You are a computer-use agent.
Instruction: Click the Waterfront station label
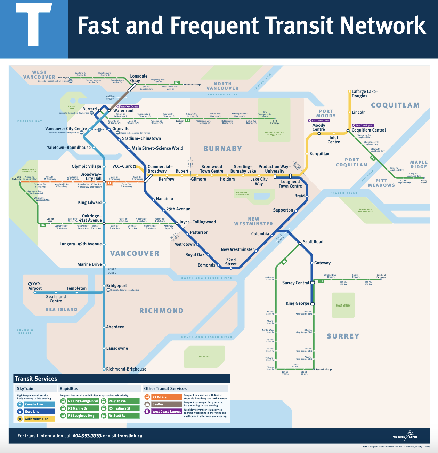pos(123,111)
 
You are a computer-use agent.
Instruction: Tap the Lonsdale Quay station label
pos(139,78)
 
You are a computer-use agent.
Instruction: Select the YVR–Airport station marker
pos(35,293)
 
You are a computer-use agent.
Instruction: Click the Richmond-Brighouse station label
pos(126,369)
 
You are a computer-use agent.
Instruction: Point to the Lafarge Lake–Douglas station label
pos(365,94)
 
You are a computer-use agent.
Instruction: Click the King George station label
pos(297,303)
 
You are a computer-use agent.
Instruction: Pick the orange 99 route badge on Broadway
pos(109,183)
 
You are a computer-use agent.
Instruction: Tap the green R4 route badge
pos(43,225)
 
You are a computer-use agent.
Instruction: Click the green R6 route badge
pos(284,262)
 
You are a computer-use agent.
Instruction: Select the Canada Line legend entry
pos(36,404)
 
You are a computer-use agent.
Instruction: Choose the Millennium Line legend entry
pos(36,419)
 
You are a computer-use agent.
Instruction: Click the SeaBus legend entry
pos(163,404)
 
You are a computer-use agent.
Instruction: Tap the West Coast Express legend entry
pos(163,412)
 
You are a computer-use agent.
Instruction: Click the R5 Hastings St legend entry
pos(120,408)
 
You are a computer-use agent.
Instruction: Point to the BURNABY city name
pos(222,149)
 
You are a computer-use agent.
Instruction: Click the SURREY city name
pos(343,336)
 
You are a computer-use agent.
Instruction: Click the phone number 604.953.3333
pos(87,436)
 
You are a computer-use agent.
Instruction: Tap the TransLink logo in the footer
pos(405,436)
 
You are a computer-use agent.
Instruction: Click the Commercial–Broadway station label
pos(160,169)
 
